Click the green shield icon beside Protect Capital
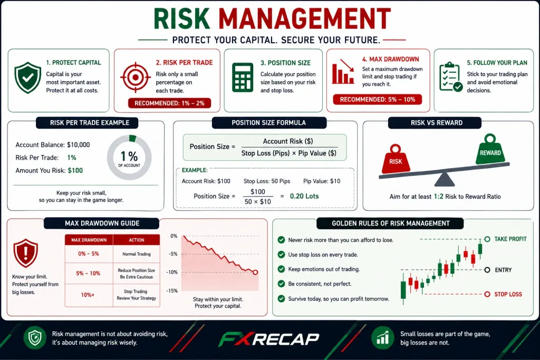[28, 77]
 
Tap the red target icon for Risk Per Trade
[136, 77]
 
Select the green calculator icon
[243, 77]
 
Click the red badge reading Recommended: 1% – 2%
[169, 103]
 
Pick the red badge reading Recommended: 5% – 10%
[378, 100]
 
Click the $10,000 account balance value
[79, 145]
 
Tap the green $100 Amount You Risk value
[75, 170]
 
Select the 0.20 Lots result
[304, 196]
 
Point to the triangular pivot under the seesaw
[444, 179]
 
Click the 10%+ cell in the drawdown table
[88, 295]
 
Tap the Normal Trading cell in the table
[137, 254]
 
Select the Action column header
[137, 240]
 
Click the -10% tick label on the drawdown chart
[172, 272]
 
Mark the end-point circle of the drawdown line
[255, 272]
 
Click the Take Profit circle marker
[487, 239]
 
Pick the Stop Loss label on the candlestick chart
[508, 294]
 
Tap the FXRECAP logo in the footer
[269, 339]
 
